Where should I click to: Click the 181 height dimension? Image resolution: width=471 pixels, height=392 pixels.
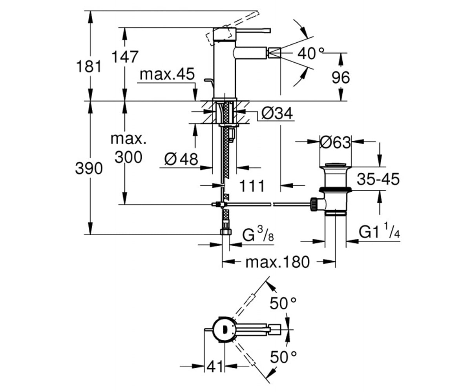click(89, 67)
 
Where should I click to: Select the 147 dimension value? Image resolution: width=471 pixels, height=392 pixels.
click(125, 57)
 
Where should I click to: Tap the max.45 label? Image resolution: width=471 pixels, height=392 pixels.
click(167, 74)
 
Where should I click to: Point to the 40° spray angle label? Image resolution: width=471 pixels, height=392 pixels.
click(310, 54)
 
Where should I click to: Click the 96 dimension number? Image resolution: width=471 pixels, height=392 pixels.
click(341, 78)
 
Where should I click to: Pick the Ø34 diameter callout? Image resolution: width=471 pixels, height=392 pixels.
click(277, 113)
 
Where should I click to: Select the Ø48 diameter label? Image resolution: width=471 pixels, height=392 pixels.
click(181, 159)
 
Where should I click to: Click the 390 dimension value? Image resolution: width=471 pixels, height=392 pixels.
click(89, 168)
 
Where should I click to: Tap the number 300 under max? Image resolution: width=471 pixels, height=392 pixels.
click(128, 157)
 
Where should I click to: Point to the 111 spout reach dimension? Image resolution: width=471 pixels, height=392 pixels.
click(252, 186)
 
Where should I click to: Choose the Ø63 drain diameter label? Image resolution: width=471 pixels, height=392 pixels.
click(336, 142)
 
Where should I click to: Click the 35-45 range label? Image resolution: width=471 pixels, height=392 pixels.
click(378, 179)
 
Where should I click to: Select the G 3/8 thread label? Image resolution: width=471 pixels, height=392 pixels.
click(258, 234)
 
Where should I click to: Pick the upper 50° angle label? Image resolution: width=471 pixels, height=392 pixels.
click(283, 303)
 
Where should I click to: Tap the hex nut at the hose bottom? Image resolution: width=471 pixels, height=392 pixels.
click(226, 232)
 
